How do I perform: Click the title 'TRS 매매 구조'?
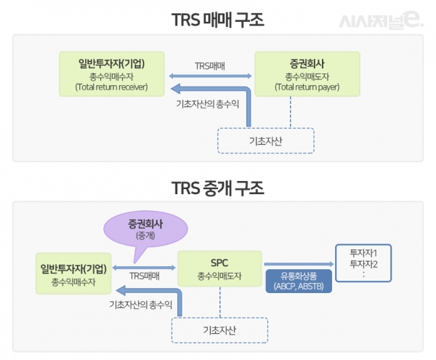pyautogui.click(x=217, y=19)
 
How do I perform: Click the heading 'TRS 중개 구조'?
pyautogui.click(x=217, y=187)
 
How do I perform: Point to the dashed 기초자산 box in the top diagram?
pyautogui.click(x=265, y=140)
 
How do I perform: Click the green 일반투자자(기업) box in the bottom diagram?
pyautogui.click(x=74, y=275)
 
